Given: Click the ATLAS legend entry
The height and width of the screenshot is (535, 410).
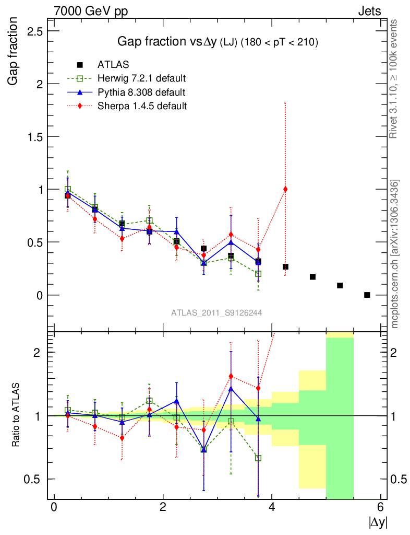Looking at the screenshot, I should coord(114,65).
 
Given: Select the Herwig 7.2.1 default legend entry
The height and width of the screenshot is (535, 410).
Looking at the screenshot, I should coord(141,79).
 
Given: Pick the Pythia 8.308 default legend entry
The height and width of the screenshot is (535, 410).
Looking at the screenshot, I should coord(141,92).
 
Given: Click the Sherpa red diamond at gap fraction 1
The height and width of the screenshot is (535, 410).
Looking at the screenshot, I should coord(285,189).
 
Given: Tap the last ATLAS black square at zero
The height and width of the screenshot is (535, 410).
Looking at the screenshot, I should coord(367,295).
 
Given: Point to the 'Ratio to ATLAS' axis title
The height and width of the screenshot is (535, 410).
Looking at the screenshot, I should coord(16,415).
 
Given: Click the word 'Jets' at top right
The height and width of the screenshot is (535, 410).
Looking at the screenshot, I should coord(369,10).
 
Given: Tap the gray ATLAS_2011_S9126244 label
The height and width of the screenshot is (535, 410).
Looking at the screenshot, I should coord(216,312).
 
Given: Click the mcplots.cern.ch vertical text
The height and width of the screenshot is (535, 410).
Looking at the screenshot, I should coord(395,253).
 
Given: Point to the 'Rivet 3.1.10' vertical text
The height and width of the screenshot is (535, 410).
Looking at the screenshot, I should coord(395,78).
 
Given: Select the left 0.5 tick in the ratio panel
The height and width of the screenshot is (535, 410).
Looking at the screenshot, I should coord(35,479).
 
